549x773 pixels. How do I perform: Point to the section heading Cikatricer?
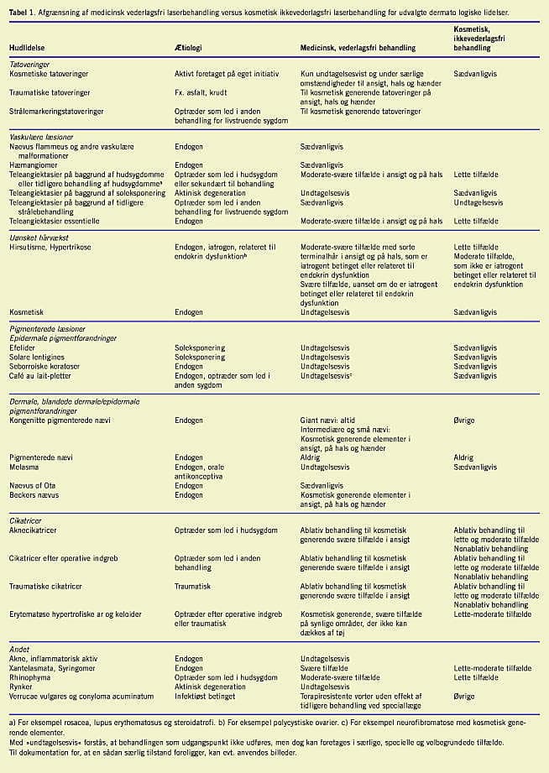coord(27,520)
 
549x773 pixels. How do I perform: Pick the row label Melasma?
coord(24,466)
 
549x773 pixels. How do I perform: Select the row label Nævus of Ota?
coord(33,485)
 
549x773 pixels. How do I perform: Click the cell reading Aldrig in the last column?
coord(463,457)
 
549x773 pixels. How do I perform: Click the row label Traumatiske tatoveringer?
coord(50,91)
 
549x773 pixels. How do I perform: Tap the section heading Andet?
coord(19,648)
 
